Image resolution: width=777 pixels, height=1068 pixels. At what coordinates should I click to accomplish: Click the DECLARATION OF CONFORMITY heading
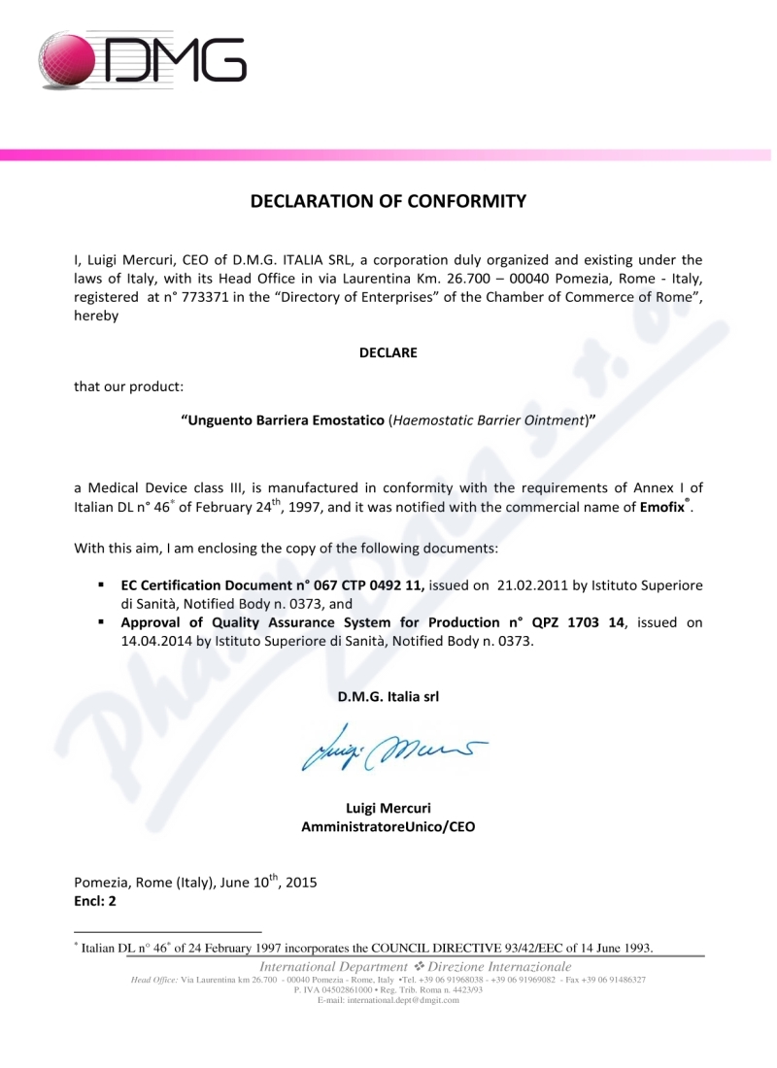388,202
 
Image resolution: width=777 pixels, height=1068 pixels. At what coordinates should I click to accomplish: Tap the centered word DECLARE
388,352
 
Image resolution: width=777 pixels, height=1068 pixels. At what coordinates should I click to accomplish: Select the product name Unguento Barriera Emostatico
284,420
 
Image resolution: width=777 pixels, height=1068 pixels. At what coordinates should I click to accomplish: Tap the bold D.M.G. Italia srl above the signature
388,697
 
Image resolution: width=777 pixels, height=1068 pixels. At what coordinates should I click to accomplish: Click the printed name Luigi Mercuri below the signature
388,808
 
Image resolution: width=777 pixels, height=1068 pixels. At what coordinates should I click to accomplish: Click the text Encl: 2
96,901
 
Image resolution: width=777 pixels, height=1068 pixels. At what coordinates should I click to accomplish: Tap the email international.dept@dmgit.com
388,1001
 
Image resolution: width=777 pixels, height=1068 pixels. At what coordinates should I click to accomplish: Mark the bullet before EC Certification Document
101,586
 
